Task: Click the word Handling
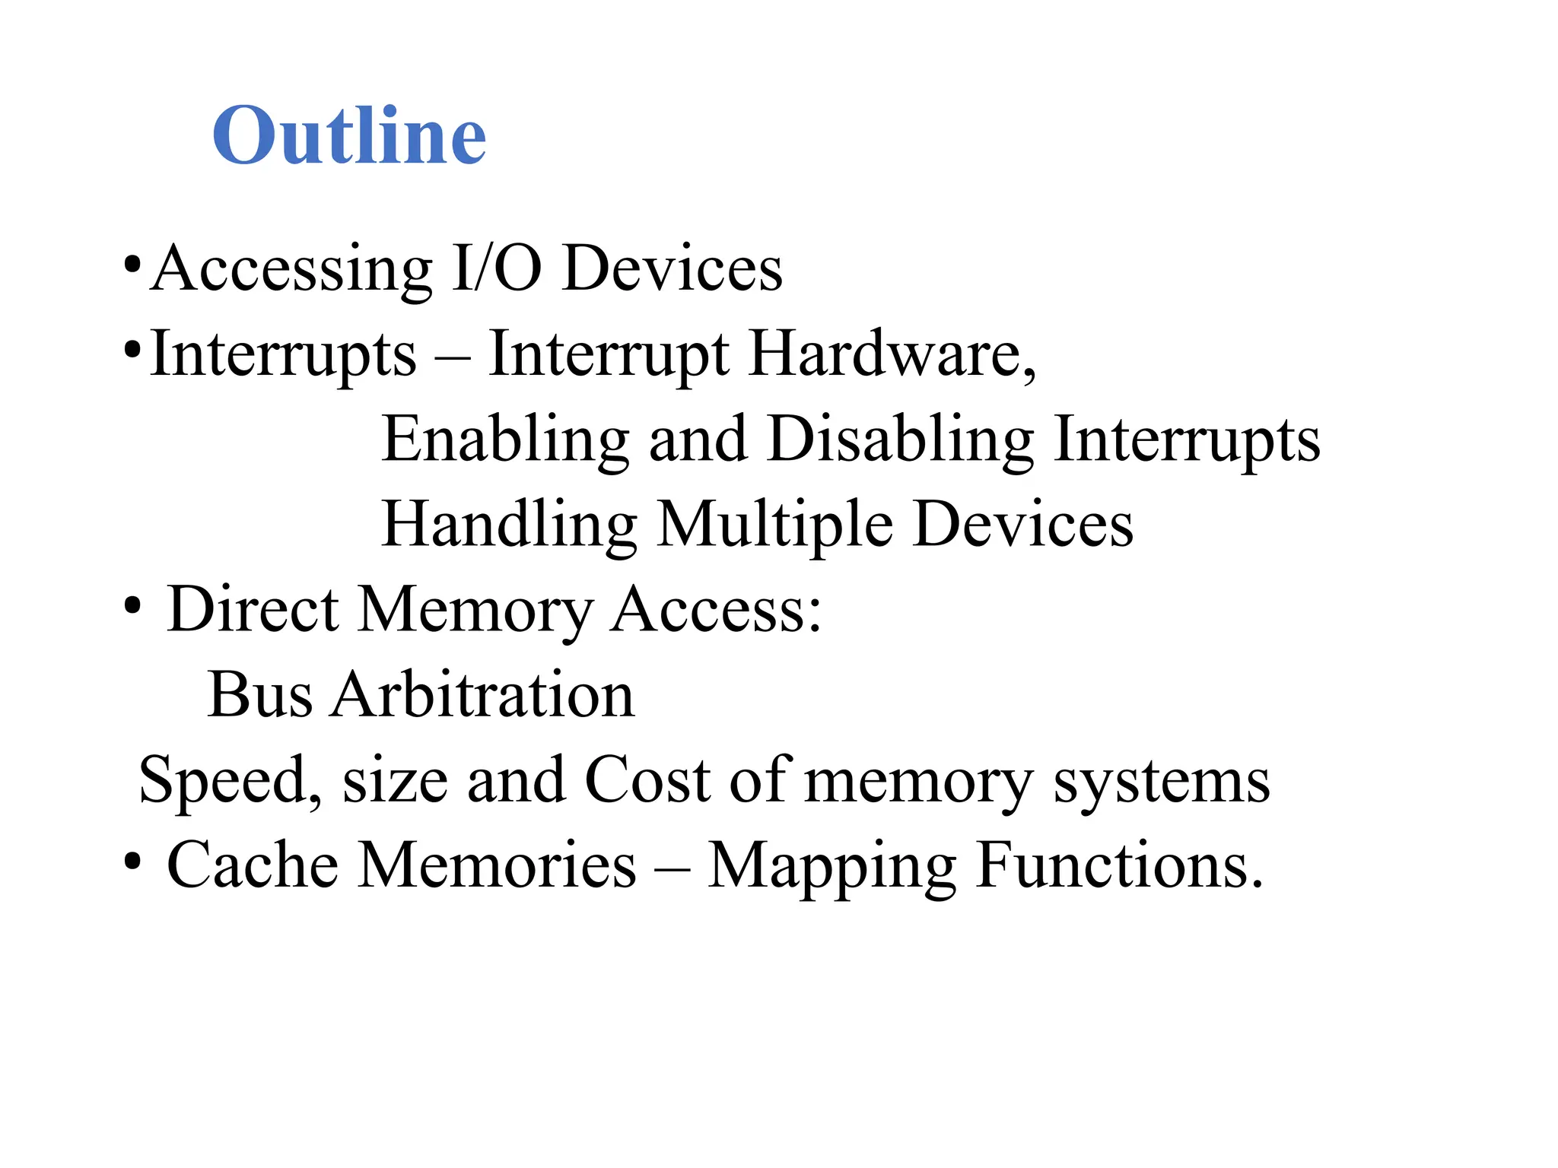tap(509, 526)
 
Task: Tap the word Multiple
tap(774, 526)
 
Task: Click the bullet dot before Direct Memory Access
tap(132, 608)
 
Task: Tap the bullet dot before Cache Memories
tap(132, 863)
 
